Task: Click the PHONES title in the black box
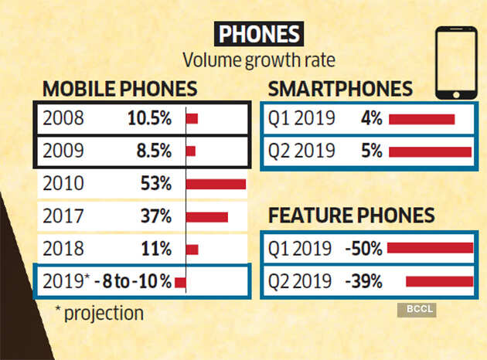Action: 258,35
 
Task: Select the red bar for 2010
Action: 216,184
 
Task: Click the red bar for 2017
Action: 207,217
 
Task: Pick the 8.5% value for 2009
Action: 153,151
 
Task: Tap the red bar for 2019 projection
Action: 181,282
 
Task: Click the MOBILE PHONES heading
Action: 119,88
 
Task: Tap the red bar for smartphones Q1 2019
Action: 422,119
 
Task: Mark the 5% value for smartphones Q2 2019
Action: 372,151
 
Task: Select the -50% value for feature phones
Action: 364,248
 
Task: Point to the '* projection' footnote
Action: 99,313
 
